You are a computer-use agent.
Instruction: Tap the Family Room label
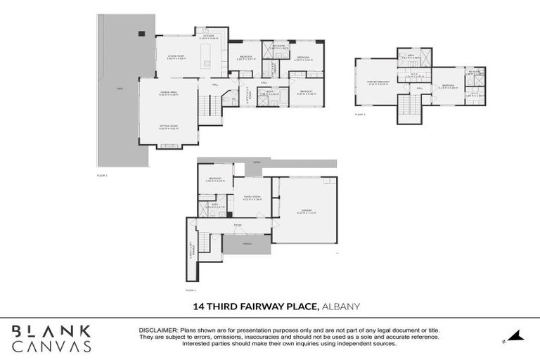click(252, 197)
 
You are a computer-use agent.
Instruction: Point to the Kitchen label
click(209, 36)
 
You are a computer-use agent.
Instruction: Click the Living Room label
click(175, 57)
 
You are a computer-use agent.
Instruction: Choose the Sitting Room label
click(167, 127)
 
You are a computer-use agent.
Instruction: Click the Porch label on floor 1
click(246, 245)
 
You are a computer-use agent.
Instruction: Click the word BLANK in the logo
click(51, 330)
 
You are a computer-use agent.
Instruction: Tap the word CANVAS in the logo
click(51, 346)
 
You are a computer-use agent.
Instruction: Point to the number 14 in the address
click(200, 307)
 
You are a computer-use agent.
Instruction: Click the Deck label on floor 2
click(120, 89)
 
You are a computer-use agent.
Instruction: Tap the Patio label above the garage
click(257, 162)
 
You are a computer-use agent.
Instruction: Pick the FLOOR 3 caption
click(359, 114)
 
